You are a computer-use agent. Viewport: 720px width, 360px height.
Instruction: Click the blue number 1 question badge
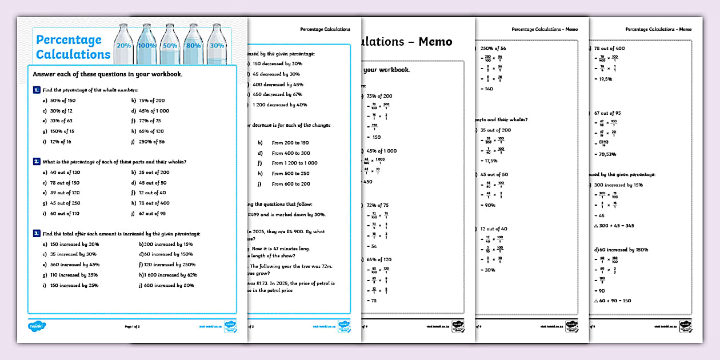click(37, 90)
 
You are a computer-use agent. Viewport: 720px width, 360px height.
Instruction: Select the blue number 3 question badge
click(37, 233)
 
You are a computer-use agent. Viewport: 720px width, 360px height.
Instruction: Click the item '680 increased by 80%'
click(166, 285)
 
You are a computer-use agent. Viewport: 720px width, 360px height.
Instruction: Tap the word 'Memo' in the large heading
click(435, 42)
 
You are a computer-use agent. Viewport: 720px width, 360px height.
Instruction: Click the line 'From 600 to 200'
click(291, 184)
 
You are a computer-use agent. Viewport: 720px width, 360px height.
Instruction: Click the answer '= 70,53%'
click(606, 154)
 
